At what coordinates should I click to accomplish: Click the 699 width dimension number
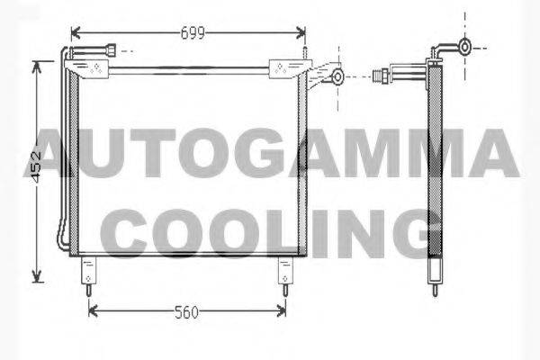(193, 33)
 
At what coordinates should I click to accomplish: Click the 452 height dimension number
(36, 166)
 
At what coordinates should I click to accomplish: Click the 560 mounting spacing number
(186, 312)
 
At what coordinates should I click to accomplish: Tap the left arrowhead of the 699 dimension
(76, 33)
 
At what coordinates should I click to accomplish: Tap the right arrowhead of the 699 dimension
(301, 33)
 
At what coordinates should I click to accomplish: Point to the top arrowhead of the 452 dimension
(37, 67)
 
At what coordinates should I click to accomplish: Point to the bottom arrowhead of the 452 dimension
(37, 276)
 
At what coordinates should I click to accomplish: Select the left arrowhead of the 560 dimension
(94, 311)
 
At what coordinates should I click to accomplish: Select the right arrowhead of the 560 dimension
(281, 311)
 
